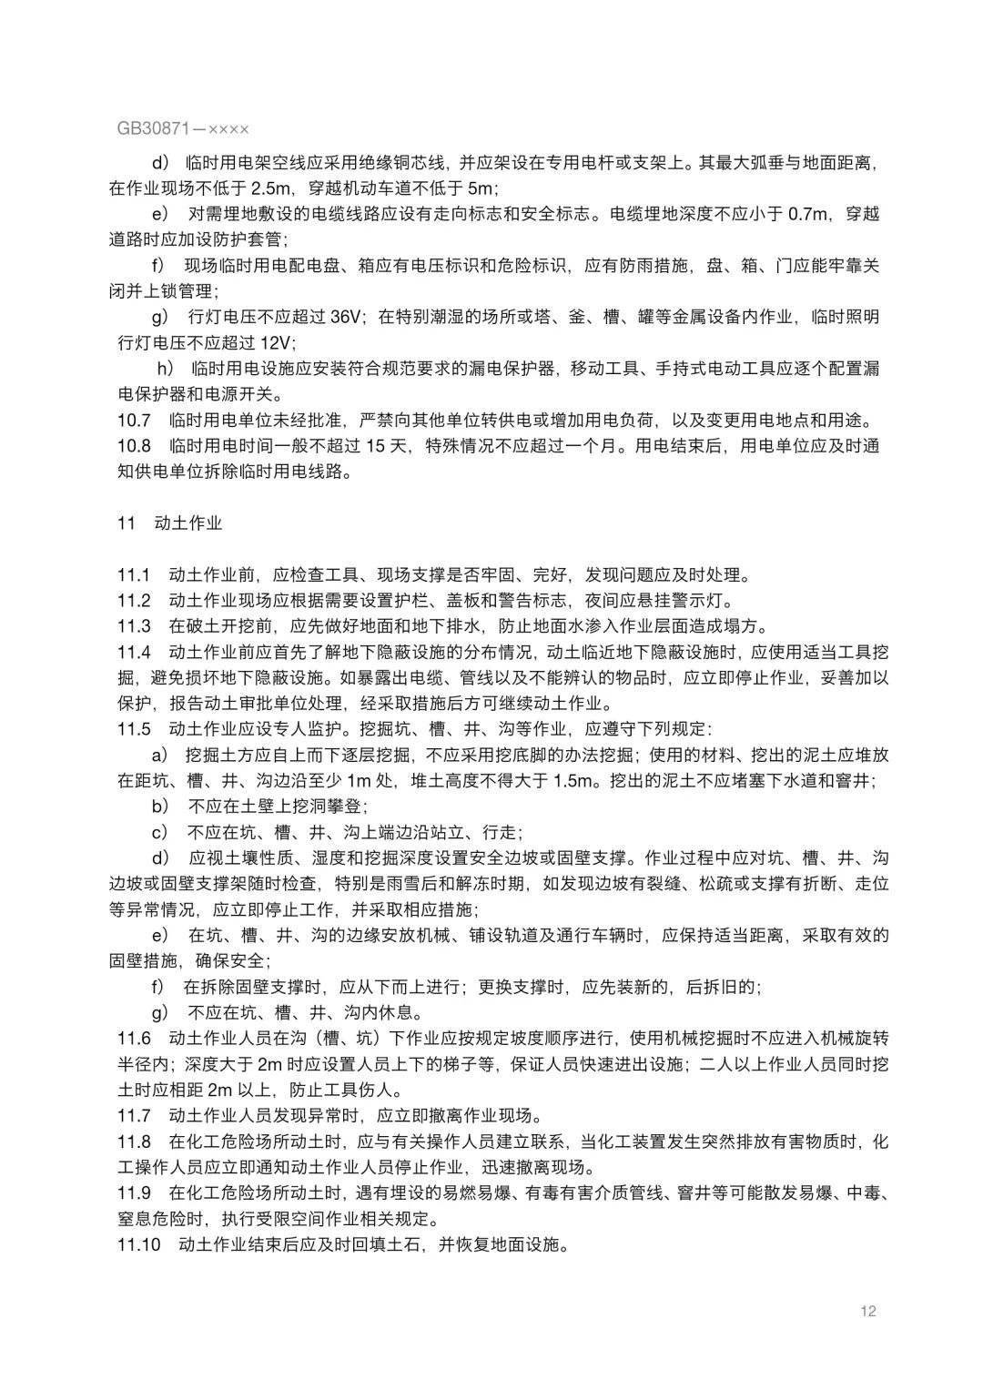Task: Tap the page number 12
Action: pos(866,1311)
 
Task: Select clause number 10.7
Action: pos(134,421)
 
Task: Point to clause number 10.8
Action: pos(134,446)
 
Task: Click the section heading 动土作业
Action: pos(188,523)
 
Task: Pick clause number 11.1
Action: pos(134,575)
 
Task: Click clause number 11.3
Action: pos(134,626)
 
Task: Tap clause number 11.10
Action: pos(138,1244)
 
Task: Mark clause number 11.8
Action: pos(134,1141)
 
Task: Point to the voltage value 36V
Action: pos(346,318)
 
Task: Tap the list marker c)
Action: pos(160,832)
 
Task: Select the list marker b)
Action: pos(160,807)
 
